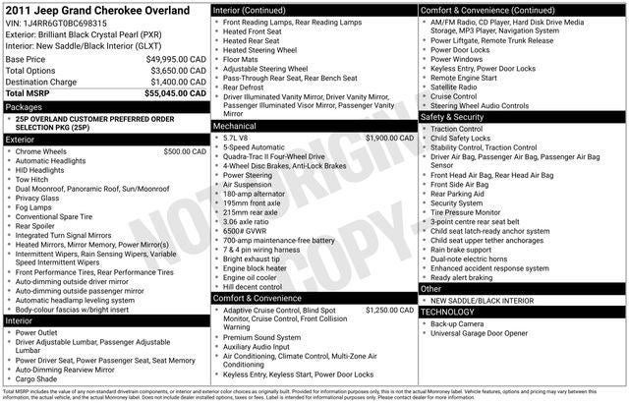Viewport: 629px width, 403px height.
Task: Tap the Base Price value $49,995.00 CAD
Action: [x=175, y=59]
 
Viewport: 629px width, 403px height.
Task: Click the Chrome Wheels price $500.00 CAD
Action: [x=185, y=151]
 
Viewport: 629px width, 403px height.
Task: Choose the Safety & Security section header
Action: [x=466, y=117]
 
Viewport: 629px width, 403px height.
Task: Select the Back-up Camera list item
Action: [x=457, y=323]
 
